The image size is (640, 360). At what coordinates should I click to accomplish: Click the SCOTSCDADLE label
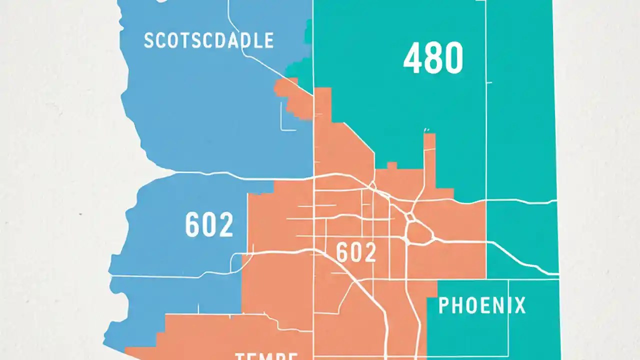[x=208, y=40]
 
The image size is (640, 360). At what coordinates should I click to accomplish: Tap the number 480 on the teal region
[x=433, y=58]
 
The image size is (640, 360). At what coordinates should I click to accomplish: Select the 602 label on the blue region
[x=209, y=225]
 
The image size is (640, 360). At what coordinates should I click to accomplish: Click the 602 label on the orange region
[x=356, y=252]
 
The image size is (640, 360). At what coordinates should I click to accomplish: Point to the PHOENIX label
[x=482, y=305]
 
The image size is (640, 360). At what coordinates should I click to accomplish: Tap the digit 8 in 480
[x=433, y=58]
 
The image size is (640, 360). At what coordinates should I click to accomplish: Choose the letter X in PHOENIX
[x=519, y=305]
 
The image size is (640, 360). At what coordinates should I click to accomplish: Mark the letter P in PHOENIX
[x=444, y=305]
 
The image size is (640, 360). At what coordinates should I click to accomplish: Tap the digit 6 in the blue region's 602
[x=192, y=225]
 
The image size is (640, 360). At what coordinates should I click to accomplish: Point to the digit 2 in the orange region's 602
[x=369, y=252]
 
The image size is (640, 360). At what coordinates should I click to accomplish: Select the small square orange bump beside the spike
[x=392, y=165]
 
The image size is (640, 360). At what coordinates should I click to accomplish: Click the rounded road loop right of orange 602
[x=419, y=233]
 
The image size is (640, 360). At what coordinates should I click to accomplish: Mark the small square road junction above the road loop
[x=411, y=217]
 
